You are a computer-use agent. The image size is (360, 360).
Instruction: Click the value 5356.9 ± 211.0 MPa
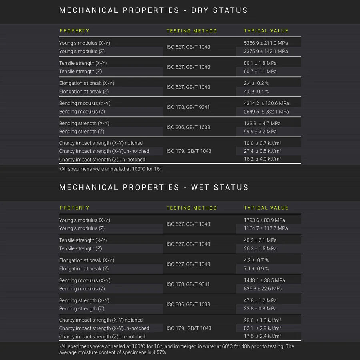266,43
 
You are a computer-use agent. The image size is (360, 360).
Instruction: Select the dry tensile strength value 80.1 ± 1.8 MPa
260,63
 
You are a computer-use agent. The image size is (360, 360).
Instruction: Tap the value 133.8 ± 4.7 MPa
262,124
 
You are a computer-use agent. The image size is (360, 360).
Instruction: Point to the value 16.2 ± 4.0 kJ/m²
262,159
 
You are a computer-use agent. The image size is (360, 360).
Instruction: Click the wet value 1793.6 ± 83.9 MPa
264,220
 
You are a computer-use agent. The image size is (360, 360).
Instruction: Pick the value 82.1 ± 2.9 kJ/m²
262,328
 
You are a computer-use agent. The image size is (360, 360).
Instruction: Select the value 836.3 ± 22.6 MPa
263,289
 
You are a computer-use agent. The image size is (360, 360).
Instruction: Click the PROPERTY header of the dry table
74,31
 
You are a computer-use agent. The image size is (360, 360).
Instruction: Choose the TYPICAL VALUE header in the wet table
266,208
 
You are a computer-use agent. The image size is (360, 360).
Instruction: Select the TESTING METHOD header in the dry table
192,31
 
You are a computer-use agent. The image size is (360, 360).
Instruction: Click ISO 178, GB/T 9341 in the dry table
188,107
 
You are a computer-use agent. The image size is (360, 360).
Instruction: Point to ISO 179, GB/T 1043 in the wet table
189,328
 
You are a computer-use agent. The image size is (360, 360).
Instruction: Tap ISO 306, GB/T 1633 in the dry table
188,128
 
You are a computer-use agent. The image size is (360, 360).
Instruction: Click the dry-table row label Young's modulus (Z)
82,52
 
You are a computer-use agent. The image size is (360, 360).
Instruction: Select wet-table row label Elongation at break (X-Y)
86,260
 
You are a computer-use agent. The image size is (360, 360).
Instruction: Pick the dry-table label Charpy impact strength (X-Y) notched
101,143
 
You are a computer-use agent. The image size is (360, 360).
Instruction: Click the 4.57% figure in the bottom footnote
159,352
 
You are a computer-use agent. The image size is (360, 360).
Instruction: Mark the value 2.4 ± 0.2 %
256,84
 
